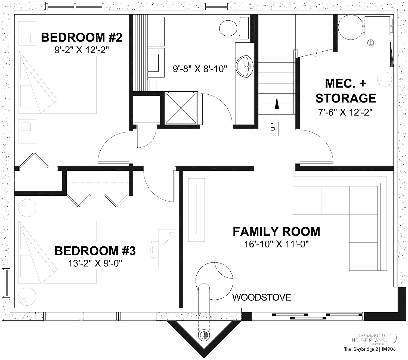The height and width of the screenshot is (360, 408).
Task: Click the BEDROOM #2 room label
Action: tap(82, 38)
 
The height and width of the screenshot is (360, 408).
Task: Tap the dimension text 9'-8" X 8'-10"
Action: tap(200, 69)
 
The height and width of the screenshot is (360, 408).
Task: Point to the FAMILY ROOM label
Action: tap(276, 232)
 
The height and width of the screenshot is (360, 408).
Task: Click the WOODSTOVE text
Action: tap(262, 297)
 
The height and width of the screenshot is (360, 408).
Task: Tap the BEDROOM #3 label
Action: tap(95, 251)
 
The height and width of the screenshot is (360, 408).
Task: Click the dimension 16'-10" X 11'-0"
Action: tap(276, 244)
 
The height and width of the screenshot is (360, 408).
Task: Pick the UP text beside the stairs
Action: tap(273, 127)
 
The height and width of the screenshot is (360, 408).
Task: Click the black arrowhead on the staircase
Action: tap(277, 103)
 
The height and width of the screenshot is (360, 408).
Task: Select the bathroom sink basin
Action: tap(244, 67)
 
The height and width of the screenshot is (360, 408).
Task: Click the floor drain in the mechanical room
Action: tap(370, 43)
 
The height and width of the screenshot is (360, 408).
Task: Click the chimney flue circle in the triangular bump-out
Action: tap(204, 335)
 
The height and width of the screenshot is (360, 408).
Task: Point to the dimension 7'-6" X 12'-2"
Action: tap(345, 112)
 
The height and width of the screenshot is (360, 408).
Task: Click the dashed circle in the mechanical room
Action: tap(384, 79)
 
